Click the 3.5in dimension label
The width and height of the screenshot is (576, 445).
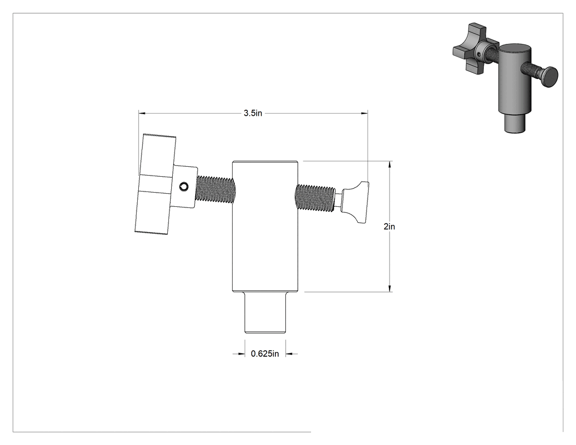(253, 113)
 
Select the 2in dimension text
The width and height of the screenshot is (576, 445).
(389, 227)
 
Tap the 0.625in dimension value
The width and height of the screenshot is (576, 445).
(265, 354)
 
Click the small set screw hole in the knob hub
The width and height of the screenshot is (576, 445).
(183, 187)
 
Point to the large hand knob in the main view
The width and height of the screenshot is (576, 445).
(155, 184)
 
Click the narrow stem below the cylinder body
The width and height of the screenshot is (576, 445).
(265, 312)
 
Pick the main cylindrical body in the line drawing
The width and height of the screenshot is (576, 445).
(265, 227)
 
